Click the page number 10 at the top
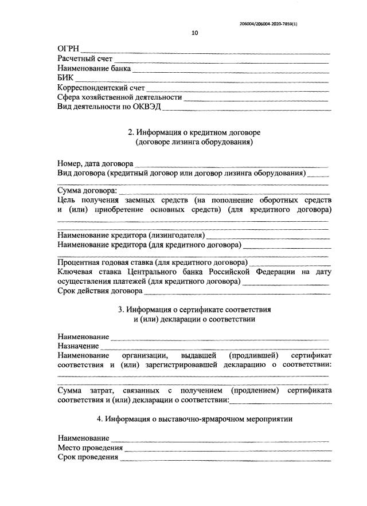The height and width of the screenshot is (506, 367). (x=194, y=33)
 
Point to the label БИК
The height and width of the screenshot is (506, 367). (x=66, y=78)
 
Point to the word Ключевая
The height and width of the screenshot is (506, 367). (x=76, y=272)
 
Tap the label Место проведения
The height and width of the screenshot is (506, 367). (x=90, y=448)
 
